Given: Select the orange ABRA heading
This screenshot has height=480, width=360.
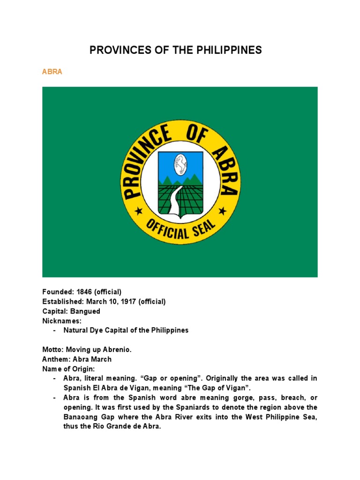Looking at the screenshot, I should pos(52,72).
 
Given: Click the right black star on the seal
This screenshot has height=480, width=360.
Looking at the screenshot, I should pos(223,211).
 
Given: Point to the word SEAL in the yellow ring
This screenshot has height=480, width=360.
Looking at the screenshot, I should pos(202,228).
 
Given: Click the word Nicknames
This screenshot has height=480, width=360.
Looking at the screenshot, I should pos(62,321).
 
